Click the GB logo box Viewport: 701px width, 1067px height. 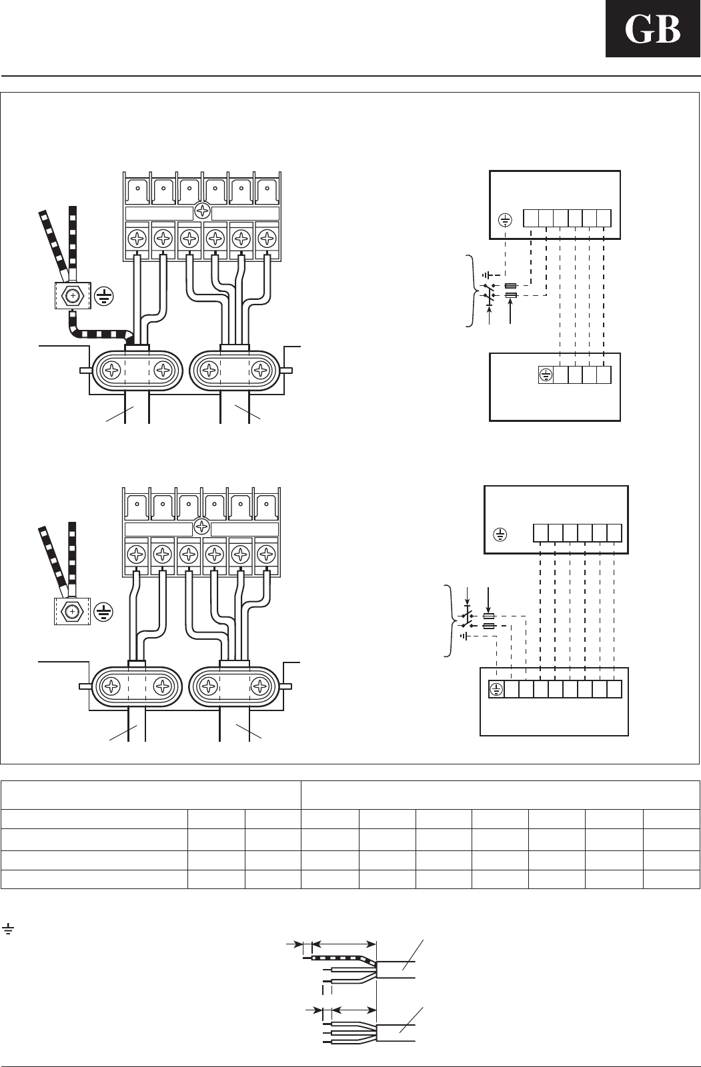tap(652, 29)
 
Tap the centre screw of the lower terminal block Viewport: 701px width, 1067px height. tap(201, 528)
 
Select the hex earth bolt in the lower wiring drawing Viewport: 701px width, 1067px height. tap(72, 610)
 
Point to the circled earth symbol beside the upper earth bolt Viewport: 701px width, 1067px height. tap(103, 295)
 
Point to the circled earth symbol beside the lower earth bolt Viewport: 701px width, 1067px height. tap(103, 612)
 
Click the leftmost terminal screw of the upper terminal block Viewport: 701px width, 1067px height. tap(137, 237)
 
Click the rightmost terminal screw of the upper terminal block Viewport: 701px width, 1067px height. tap(267, 237)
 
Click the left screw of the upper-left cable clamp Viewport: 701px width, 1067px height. tap(111, 371)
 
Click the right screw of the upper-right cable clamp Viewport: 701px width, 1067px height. tap(259, 371)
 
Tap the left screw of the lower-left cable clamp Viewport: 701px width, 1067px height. tap(111, 686)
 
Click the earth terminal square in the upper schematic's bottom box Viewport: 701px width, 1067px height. tap(545, 375)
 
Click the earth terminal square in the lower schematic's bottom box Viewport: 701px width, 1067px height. tap(496, 690)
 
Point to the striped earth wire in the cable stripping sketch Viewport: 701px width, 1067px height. tap(340, 959)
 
